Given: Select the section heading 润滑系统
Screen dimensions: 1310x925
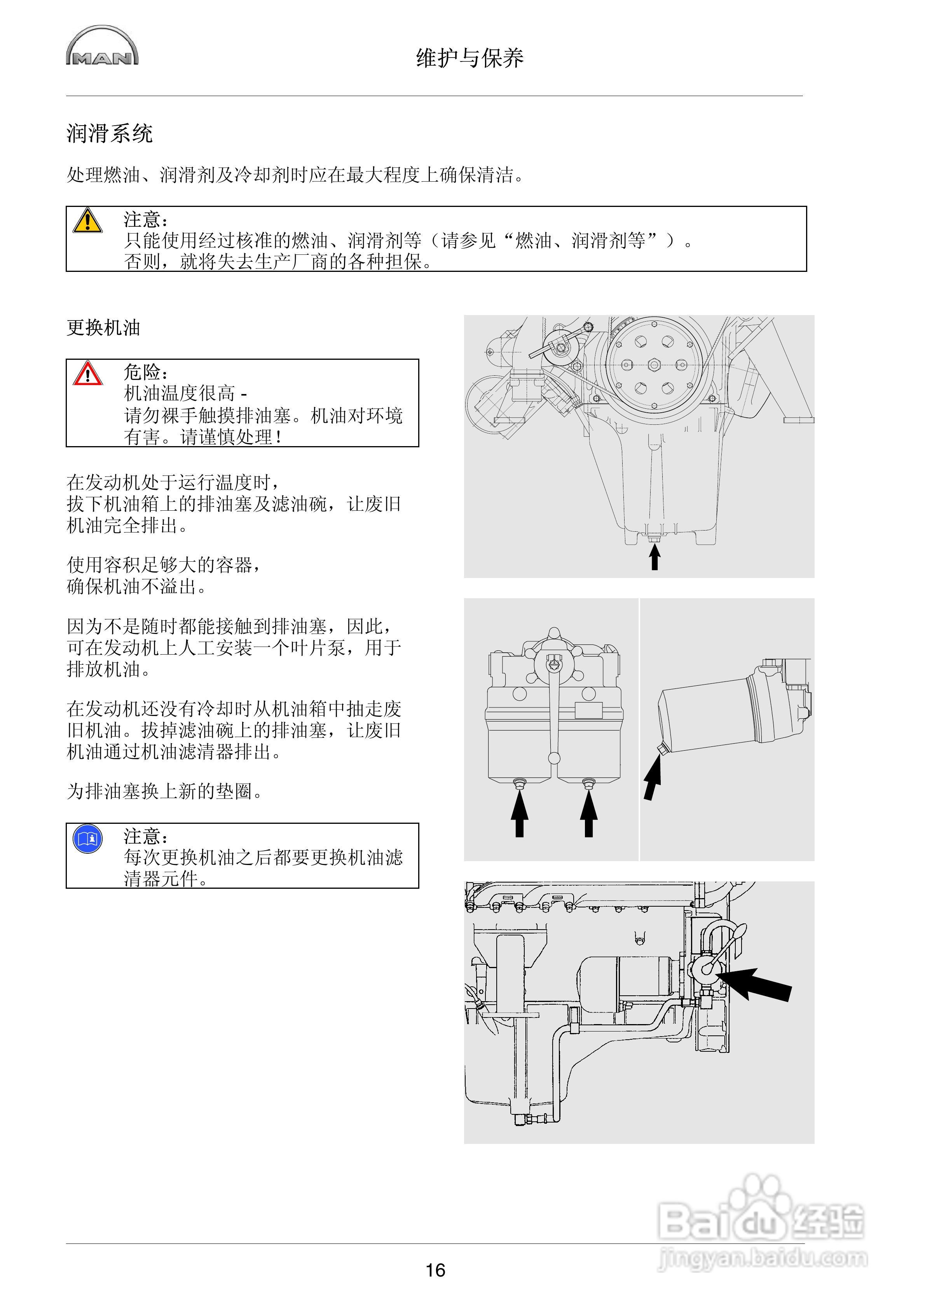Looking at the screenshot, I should [110, 133].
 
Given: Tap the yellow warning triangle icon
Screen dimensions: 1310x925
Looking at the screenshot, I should [87, 221].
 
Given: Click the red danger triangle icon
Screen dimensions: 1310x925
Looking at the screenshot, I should [87, 374].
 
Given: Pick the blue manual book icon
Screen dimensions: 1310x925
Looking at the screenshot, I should [87, 839].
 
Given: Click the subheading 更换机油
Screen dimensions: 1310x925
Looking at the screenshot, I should [103, 328].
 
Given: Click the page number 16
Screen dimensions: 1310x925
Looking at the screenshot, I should [435, 1270].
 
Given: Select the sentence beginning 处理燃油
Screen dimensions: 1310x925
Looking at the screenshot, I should [295, 175].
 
